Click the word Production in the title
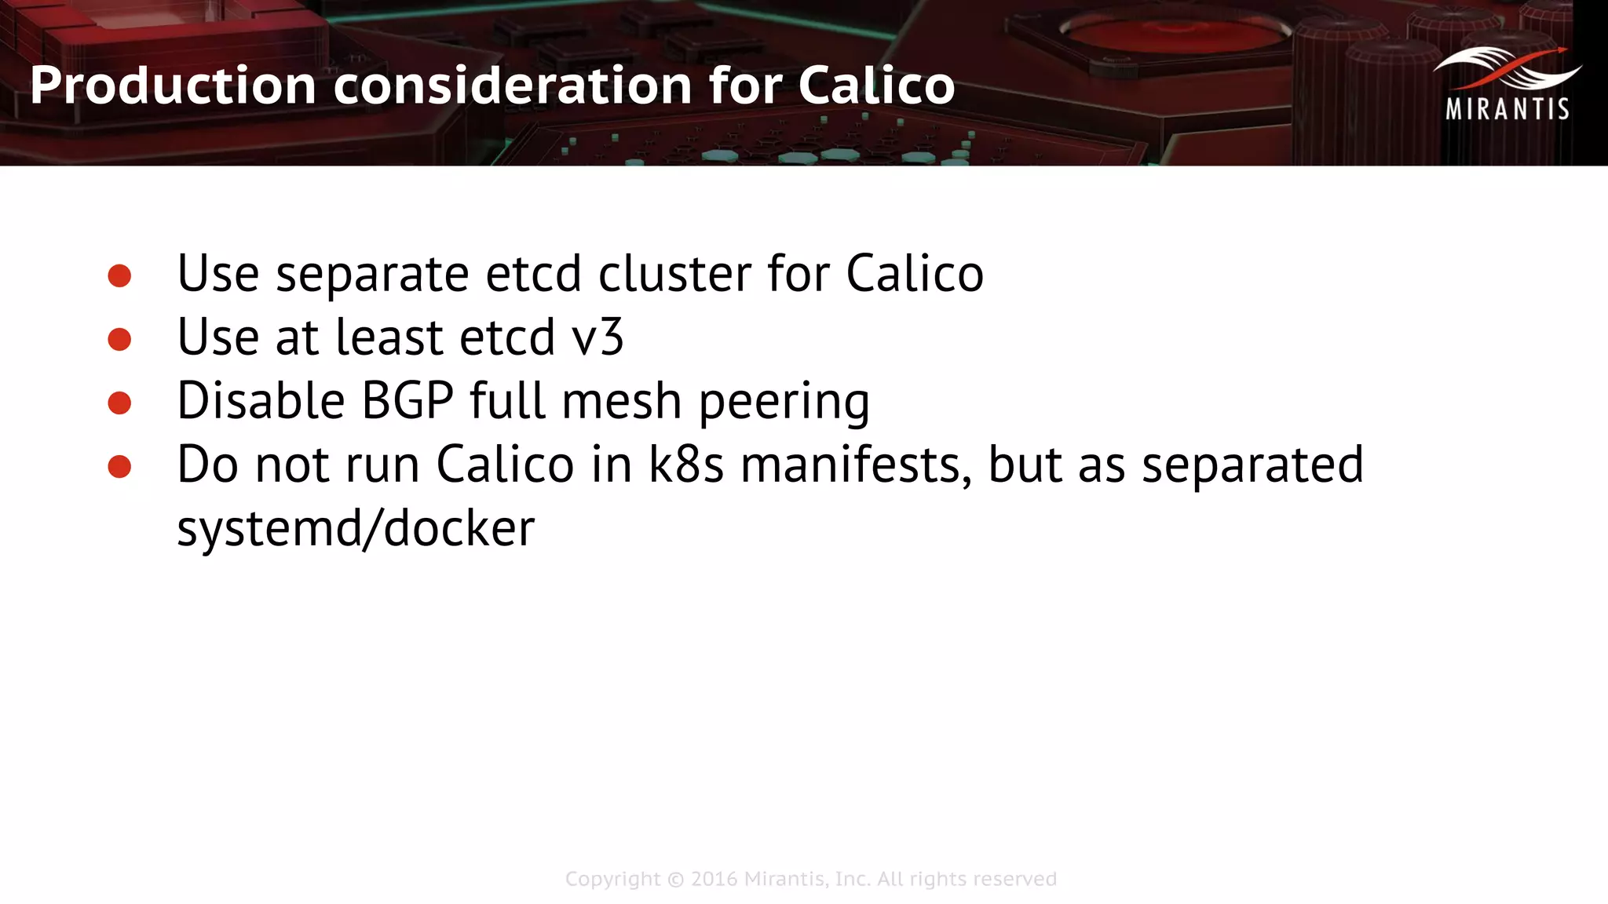pos(173,86)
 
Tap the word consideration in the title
pos(513,86)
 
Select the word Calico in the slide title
pos(876,86)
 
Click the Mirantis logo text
pos(1507,109)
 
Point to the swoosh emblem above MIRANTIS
pos(1507,69)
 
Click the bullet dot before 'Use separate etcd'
pos(119,275)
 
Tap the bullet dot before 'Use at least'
pos(119,339)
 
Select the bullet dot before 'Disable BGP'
pos(119,403)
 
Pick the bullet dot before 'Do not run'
pos(119,466)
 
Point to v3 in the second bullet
pos(598,337)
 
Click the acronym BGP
pos(407,401)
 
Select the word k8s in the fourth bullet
pos(685,465)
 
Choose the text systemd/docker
pos(356,528)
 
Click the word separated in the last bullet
pos(1252,465)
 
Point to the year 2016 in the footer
pos(714,879)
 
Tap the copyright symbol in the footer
pos(675,880)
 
